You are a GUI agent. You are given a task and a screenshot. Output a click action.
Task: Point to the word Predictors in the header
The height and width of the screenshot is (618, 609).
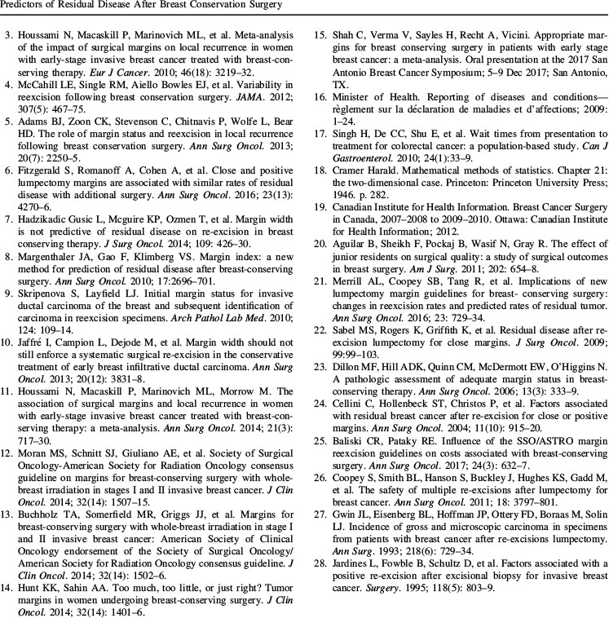pyautogui.click(x=25, y=7)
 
